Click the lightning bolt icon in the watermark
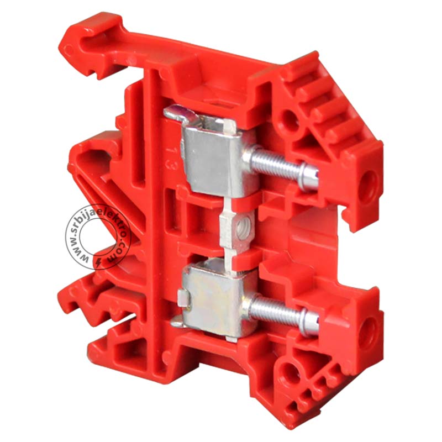coord(98,262)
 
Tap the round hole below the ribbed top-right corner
coord(290,119)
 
